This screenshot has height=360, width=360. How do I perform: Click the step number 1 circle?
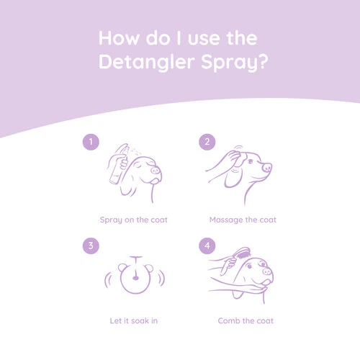[91, 142]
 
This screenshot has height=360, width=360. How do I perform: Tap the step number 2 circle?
[207, 142]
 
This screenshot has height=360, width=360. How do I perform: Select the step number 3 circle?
[91, 246]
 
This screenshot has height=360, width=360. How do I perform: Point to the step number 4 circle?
[207, 246]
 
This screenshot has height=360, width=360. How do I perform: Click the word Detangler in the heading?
[147, 62]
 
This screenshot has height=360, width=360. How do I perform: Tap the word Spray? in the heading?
[235, 63]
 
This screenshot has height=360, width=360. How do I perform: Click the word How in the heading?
[119, 38]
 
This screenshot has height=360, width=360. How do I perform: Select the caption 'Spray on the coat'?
[134, 220]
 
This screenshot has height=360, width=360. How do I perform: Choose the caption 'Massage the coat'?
[243, 220]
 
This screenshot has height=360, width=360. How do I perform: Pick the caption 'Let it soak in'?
[134, 321]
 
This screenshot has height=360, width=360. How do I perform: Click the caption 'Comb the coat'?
[246, 321]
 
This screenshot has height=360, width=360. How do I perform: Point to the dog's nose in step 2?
[267, 167]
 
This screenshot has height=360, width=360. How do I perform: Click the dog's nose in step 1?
[156, 171]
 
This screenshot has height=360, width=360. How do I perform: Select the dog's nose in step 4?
[266, 272]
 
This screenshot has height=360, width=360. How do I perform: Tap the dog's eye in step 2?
[251, 161]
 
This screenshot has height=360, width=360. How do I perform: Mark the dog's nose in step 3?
[135, 278]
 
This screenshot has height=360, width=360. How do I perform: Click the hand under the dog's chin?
[250, 288]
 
